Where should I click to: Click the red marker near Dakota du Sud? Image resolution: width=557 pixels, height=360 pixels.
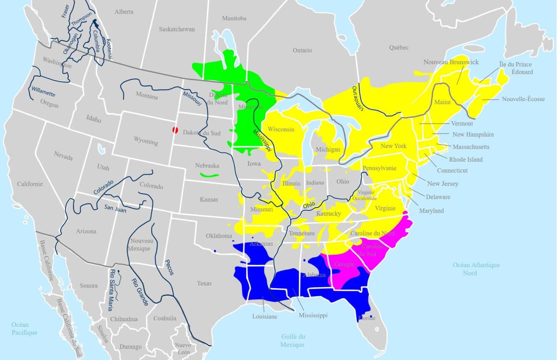(175, 130)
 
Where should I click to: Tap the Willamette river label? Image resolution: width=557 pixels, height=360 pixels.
(43, 91)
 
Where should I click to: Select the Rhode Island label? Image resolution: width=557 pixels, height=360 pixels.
(466, 159)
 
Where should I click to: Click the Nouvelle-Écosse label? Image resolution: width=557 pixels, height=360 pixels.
(523, 99)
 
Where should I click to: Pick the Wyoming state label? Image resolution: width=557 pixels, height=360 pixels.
(146, 140)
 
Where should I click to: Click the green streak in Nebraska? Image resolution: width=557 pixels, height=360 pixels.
(209, 175)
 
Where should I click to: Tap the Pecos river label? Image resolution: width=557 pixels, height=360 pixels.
(169, 267)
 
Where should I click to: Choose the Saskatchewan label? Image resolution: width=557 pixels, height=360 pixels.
(177, 29)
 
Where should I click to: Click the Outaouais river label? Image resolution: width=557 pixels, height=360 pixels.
(358, 98)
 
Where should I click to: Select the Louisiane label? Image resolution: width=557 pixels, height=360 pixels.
(265, 316)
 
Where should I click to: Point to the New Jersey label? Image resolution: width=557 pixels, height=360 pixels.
(442, 184)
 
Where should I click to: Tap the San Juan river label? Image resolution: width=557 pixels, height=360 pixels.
(115, 208)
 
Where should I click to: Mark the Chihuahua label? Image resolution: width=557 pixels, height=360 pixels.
(124, 319)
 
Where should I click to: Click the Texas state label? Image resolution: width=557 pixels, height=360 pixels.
(204, 283)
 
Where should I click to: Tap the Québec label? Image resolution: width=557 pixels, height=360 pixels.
(399, 48)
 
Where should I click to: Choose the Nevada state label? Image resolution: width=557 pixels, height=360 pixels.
(63, 156)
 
